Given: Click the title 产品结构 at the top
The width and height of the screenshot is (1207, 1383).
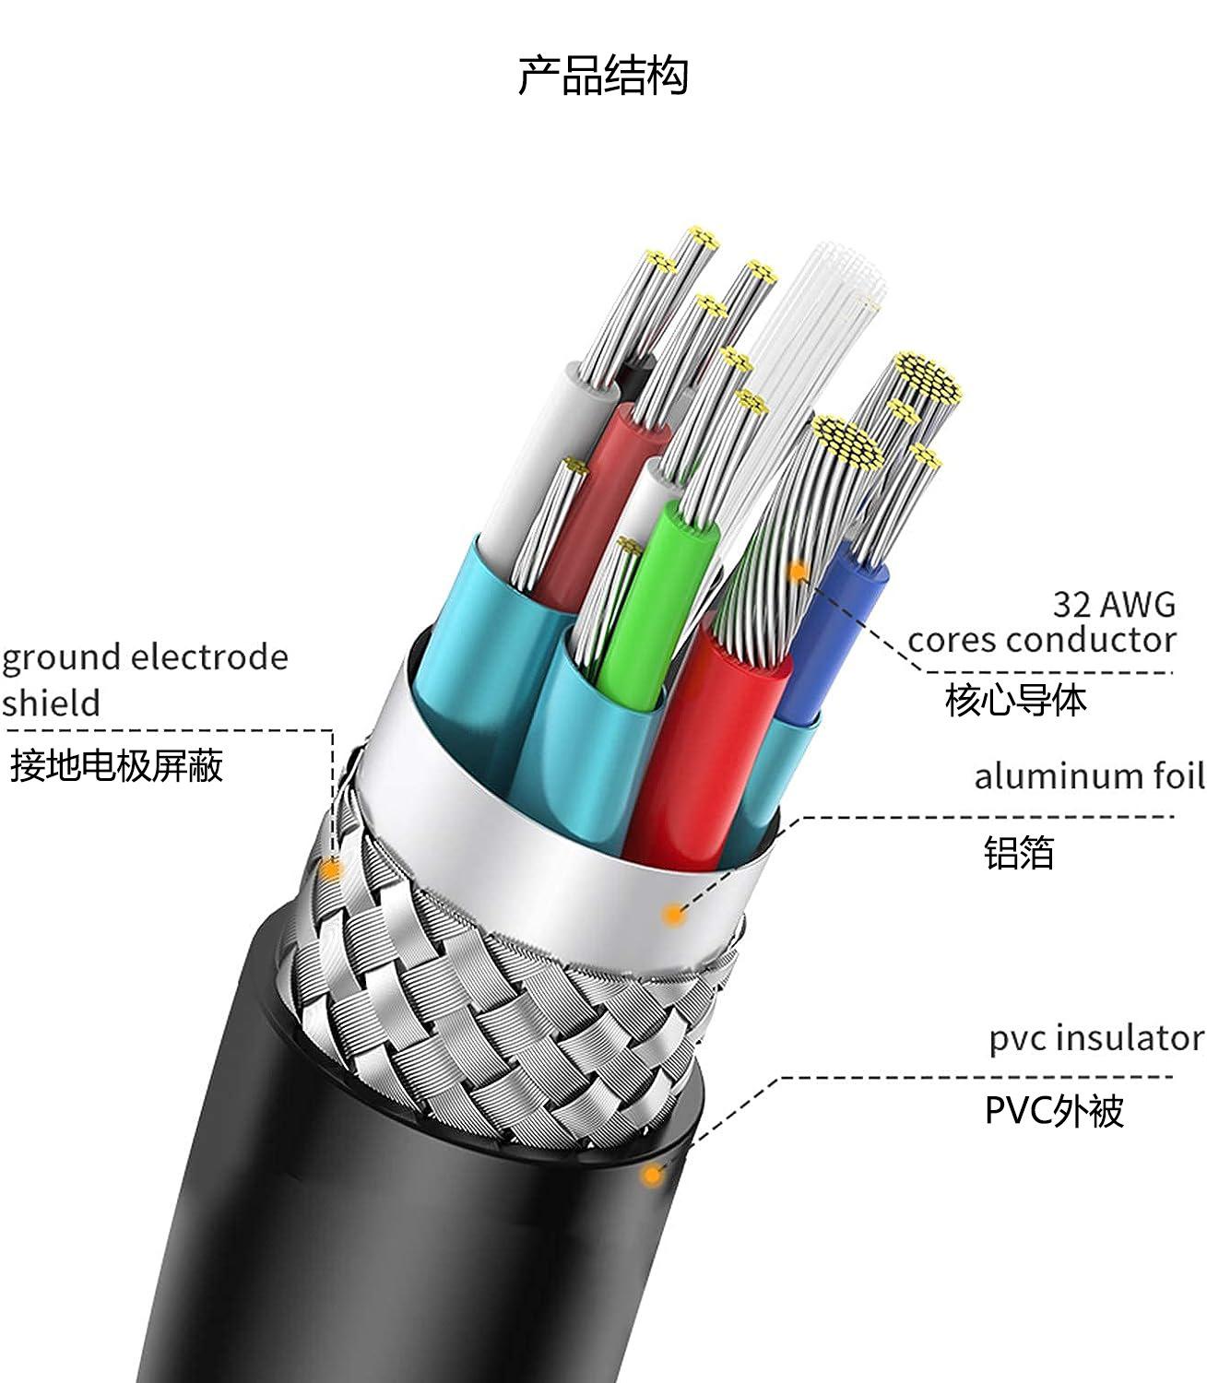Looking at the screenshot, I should tap(602, 76).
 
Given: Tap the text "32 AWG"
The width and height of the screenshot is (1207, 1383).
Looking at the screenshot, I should tap(1114, 605).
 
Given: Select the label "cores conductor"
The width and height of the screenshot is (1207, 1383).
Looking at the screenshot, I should tap(1042, 640).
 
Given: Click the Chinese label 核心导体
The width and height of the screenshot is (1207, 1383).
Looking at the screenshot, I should tap(1015, 701).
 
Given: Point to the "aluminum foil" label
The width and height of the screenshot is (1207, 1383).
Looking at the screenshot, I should tap(1089, 776).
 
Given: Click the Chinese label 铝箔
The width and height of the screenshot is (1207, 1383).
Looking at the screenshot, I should tap(1018, 853).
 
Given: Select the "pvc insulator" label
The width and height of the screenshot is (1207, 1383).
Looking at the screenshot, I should tap(1096, 1038).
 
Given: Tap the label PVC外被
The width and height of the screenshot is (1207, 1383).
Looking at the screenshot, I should tap(1054, 1111).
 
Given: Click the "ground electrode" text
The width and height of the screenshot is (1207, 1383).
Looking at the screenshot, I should tap(145, 657).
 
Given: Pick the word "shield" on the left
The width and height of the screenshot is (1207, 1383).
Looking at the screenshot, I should tap(51, 703).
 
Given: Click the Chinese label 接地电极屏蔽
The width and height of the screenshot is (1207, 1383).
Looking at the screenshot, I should tap(117, 766).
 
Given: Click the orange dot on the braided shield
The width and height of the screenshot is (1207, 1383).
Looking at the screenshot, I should tap(330, 869).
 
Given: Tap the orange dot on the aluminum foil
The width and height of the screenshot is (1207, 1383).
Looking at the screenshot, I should tap(675, 915).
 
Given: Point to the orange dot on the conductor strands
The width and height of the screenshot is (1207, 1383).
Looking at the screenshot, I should tap(798, 573).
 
